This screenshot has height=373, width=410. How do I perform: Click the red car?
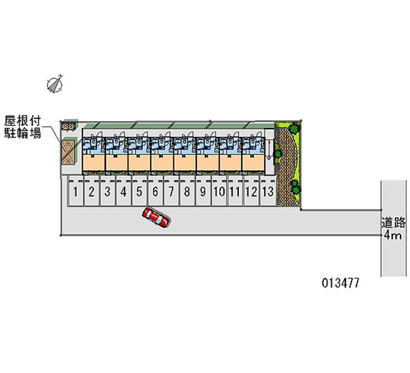pos(156,218)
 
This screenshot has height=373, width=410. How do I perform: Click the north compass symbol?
pos(55,84)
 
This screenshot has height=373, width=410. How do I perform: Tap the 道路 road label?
pos(393,223)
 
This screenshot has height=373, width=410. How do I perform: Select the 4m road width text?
pos(393,235)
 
